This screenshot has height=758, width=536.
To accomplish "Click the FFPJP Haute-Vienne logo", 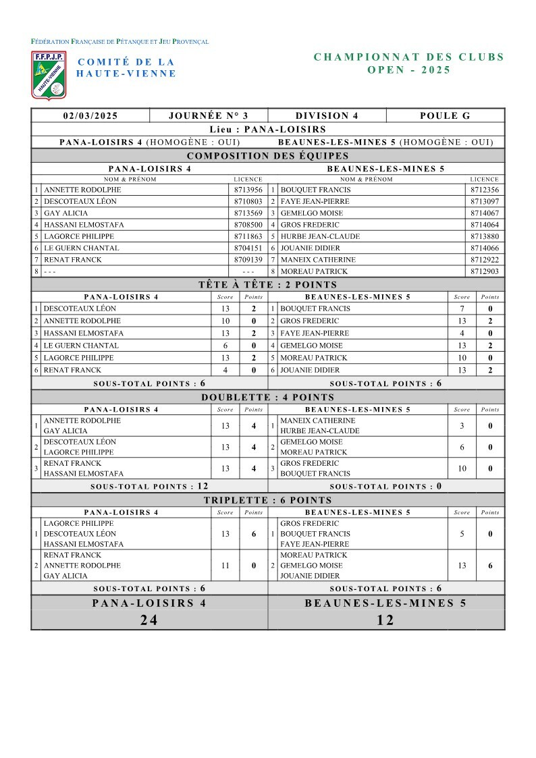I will (x=49, y=74).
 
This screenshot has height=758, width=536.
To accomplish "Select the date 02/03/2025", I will (x=90, y=115).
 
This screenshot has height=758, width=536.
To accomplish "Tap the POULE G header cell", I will (x=445, y=115).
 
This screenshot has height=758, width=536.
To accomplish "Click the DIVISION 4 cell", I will (x=327, y=115).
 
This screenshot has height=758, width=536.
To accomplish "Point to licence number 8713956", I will (x=248, y=190).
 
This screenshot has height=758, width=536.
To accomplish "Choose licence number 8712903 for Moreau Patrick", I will (x=484, y=271).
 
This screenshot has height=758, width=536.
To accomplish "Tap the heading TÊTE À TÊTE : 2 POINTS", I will (x=268, y=285).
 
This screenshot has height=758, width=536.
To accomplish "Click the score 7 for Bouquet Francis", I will (x=462, y=308).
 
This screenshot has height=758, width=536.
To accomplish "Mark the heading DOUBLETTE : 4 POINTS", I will (x=268, y=397).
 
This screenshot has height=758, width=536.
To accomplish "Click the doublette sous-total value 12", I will (x=202, y=486).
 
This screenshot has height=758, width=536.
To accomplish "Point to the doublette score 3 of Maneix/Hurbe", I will (x=462, y=426).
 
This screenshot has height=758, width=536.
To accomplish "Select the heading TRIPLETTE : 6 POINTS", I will (x=268, y=500).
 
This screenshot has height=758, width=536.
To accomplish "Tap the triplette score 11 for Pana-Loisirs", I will (x=225, y=566).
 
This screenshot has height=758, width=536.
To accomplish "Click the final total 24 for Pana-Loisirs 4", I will (x=149, y=620).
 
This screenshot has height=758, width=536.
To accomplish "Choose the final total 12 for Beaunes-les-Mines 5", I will (x=385, y=620).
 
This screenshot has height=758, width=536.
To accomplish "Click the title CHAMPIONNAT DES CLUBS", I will (x=409, y=57).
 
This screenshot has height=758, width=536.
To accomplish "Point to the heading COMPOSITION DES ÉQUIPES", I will (x=268, y=155).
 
